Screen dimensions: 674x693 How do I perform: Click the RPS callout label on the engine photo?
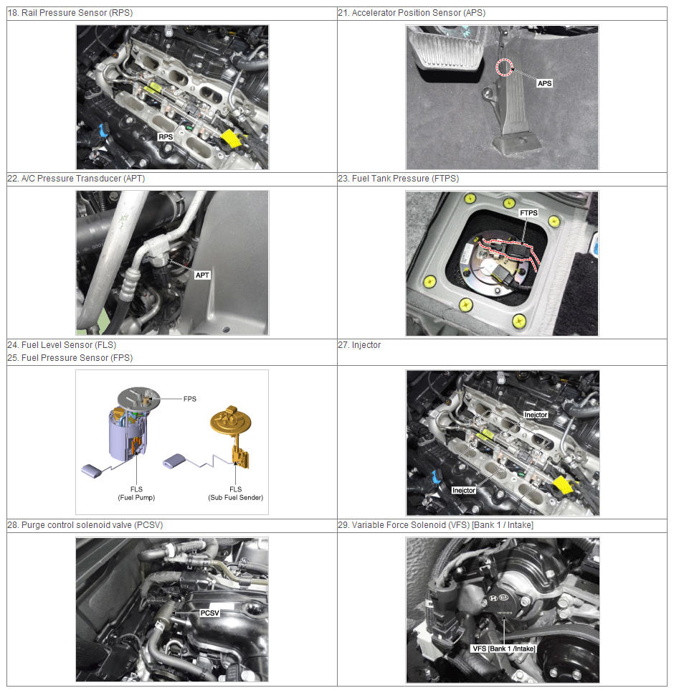tap(166, 137)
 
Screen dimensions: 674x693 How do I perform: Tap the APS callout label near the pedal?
tap(545, 83)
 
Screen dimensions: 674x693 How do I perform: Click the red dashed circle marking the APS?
tap(504, 67)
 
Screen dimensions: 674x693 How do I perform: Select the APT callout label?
tap(202, 275)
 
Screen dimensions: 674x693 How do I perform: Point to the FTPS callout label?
tap(528, 212)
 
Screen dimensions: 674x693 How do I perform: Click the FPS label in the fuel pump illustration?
tap(190, 399)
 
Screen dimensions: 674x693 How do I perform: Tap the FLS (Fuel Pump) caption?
tap(136, 494)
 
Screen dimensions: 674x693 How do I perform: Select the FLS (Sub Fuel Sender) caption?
tap(235, 494)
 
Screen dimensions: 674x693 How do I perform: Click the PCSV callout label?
tap(210, 613)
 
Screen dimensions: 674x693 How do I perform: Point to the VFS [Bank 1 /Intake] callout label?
tap(503, 649)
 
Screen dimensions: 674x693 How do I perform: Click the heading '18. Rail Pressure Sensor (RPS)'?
tap(70, 13)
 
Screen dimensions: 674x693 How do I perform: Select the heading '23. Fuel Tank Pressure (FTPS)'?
tap(399, 179)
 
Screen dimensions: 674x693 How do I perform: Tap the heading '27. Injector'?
tap(359, 345)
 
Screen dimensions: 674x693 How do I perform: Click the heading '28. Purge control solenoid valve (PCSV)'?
tap(85, 525)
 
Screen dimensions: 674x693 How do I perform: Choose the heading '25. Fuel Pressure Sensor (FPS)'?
tap(70, 357)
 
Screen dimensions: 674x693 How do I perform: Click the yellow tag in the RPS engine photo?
tap(231, 138)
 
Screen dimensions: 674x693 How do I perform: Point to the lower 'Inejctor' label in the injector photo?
tap(464, 490)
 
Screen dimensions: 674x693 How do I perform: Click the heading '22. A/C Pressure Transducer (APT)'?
tap(76, 179)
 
